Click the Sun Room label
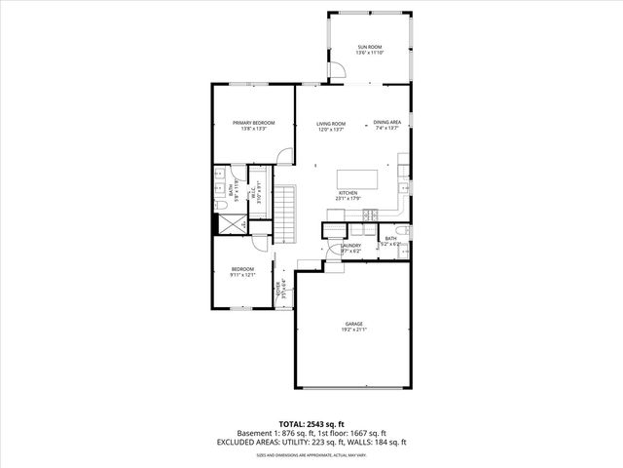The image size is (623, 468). [369, 47]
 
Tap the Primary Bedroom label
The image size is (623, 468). [253, 123]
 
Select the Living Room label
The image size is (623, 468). [331, 124]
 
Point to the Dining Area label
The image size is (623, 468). [386, 123]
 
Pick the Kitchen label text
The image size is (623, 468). [348, 193]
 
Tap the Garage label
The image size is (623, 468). [353, 324]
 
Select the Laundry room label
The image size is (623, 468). [350, 246]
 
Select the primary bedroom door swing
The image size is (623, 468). [281, 157]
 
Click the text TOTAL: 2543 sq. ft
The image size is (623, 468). [311, 422]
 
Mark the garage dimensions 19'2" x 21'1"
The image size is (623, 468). [353, 330]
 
